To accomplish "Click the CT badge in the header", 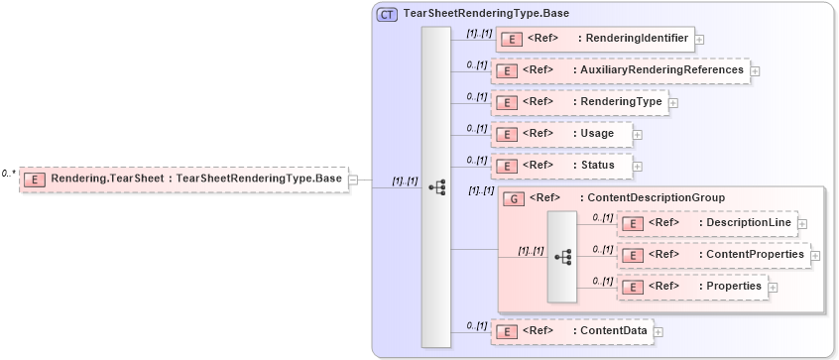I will pos(387,15).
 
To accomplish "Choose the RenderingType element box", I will pos(579,101).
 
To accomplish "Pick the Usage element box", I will pos(561,134).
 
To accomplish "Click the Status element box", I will pos(561,165).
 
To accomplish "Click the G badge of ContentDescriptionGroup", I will pos(514,198).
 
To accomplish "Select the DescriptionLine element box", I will pos(707,223).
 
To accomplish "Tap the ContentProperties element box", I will pos(713,255).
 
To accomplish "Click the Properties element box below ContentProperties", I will pos(692,287).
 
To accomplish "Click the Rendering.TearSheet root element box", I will pos(183,180).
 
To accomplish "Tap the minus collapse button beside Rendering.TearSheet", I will pos(353,180).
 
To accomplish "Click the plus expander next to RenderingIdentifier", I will pos(700,40).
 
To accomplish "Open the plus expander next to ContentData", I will pos(658,331).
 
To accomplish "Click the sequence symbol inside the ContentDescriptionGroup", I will pos(562,256).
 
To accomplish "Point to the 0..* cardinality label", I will pos(8,174).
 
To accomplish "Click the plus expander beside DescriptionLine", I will pos(802,224).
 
